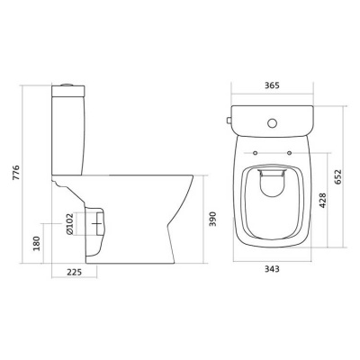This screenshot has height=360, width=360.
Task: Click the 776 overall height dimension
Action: tap(17, 173)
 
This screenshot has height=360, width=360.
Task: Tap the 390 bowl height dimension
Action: tap(212, 219)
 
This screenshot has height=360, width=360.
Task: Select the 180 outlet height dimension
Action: tap(37, 244)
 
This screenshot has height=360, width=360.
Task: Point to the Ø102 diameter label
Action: tap(69, 224)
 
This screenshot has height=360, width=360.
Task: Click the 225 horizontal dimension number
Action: tap(74, 272)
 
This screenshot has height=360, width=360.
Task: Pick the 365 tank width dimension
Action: tap(272, 85)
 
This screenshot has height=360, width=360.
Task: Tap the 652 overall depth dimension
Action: tap(338, 177)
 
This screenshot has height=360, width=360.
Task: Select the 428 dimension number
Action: tap(322, 201)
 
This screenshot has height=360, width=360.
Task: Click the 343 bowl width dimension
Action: tap(272, 269)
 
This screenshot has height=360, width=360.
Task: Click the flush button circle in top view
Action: tap(273, 122)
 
